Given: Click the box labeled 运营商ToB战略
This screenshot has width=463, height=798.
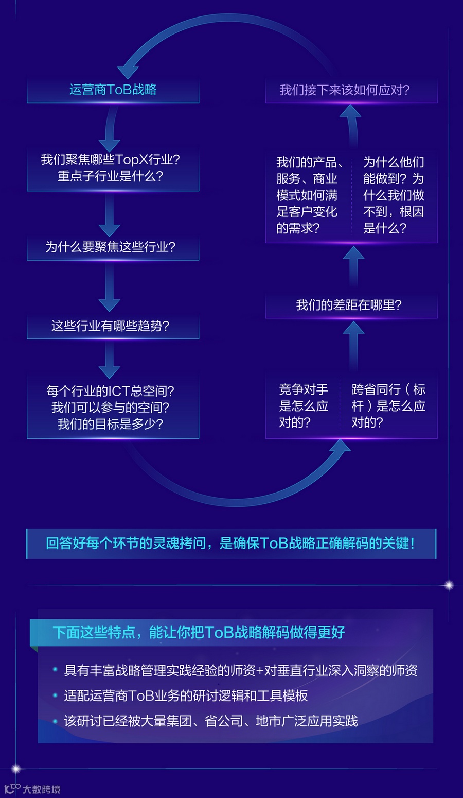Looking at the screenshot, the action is point(113,90).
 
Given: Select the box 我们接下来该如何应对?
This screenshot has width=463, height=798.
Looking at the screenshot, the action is point(351,90).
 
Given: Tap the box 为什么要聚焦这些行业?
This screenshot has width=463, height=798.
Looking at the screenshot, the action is point(113,247).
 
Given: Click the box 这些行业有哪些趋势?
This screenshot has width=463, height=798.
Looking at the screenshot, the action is point(113,326).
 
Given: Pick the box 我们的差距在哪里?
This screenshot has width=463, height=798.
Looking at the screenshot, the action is point(351,305).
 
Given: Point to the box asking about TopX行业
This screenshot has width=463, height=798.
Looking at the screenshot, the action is point(113,168).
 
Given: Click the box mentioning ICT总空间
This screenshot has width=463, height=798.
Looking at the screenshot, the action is point(113,408).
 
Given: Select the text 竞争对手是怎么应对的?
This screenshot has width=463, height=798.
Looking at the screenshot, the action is point(304,406).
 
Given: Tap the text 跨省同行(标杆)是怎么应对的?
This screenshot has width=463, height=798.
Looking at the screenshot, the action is point(388,406).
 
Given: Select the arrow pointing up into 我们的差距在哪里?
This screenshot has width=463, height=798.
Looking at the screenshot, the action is point(353,345).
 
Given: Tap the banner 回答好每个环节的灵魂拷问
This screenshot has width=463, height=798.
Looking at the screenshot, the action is point(231,543).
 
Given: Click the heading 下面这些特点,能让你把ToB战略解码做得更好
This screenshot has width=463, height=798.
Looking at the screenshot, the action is point(199,632).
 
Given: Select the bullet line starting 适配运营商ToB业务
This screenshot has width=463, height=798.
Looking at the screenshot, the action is point(186,696).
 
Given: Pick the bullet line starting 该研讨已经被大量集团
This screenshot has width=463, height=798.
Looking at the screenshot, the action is point(210,721).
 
